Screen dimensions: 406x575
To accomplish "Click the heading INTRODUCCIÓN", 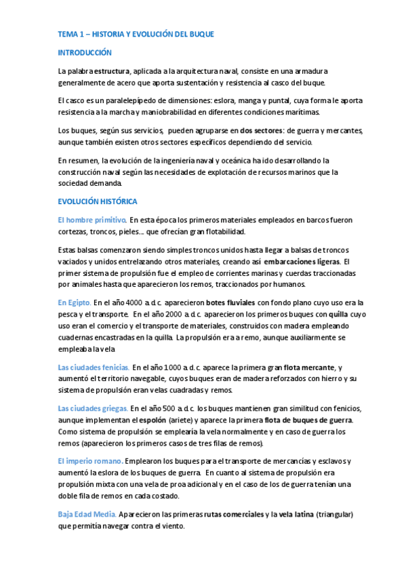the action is [x=85, y=52].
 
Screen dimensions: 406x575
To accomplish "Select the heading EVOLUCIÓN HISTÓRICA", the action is [x=98, y=201].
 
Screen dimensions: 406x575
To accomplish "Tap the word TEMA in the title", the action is [x=68, y=34].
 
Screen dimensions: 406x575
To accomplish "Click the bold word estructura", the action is [x=113, y=71].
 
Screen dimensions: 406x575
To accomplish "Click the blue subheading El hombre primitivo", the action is [x=92, y=220].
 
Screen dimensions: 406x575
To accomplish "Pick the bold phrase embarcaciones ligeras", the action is [x=302, y=261].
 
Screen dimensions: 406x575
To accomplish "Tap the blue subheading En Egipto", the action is [x=75, y=302].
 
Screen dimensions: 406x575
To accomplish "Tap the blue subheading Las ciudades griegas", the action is [x=93, y=408].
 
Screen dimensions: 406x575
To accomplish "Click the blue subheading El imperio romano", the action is [x=91, y=461].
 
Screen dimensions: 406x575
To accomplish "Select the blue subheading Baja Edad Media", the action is [x=89, y=514].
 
